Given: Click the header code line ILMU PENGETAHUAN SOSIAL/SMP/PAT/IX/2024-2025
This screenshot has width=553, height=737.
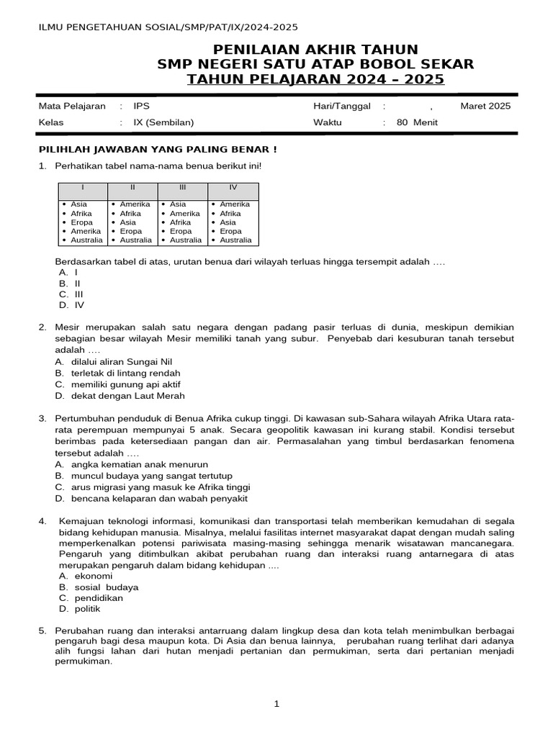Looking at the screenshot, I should (168, 27).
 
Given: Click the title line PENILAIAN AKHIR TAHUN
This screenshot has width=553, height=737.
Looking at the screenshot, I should (315, 49).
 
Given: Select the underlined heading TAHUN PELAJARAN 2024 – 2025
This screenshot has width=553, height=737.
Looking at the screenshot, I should (315, 78).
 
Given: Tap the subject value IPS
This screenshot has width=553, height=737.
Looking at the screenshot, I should (141, 106).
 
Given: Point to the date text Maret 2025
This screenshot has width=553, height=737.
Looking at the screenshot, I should (485, 106).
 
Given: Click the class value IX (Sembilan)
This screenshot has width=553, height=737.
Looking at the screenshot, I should (163, 122).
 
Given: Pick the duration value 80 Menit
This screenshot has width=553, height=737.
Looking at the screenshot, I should (417, 122).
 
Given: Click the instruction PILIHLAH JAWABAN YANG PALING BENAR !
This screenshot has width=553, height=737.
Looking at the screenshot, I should (157, 149).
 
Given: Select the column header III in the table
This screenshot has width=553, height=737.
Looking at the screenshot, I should (183, 188).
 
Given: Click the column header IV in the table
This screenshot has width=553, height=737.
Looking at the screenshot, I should (233, 188).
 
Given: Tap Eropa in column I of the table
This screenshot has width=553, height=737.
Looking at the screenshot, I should (82, 222).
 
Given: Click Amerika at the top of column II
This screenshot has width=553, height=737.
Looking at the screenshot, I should (135, 204).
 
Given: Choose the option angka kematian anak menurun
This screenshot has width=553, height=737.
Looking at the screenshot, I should (139, 464).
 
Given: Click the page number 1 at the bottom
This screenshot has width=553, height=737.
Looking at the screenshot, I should (276, 704).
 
